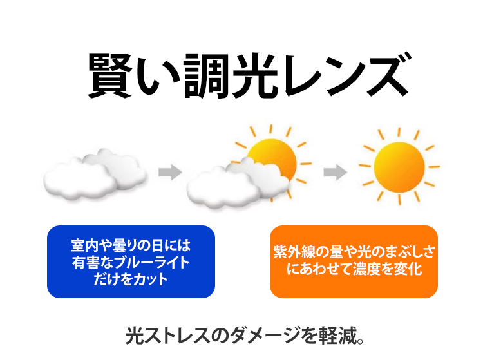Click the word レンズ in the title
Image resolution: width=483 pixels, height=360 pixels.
click(346, 75)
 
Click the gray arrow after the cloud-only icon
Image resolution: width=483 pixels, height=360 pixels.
click(170, 172)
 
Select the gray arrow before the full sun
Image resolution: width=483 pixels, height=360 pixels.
click(335, 172)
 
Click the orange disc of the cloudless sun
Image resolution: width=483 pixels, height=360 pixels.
click(399, 167)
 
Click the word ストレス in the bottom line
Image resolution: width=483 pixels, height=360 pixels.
click(175, 336)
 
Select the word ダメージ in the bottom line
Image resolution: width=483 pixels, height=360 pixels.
click(265, 336)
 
